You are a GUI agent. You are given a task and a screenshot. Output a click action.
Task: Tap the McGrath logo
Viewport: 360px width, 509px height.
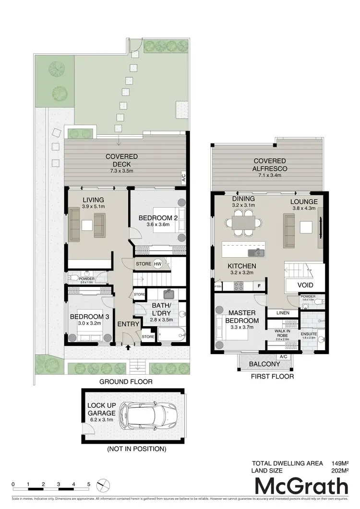click(301, 486)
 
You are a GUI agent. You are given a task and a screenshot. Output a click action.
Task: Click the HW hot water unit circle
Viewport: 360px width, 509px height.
click(158, 263)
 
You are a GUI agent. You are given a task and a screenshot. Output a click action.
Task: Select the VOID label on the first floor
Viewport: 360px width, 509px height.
click(305, 284)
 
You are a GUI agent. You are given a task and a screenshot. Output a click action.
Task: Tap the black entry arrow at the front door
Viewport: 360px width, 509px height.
click(128, 349)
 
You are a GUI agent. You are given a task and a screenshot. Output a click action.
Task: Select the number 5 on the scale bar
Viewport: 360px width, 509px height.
click(89, 484)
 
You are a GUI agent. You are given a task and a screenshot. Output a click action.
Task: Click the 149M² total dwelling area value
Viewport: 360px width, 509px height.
click(339, 463)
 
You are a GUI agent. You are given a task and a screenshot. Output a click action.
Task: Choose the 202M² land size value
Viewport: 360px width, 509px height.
click(339, 471)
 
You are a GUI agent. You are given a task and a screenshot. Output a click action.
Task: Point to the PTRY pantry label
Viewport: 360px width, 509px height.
click(218, 286)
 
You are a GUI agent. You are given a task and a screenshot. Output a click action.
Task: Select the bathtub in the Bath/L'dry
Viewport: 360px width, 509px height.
click(170, 334)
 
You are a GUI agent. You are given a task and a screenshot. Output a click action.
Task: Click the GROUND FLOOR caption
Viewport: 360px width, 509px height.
click(126, 382)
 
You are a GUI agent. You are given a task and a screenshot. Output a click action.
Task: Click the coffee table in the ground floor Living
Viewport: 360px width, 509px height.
click(87, 225)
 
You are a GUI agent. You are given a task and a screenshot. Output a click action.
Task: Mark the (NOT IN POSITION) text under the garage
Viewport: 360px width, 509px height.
click(138, 449)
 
